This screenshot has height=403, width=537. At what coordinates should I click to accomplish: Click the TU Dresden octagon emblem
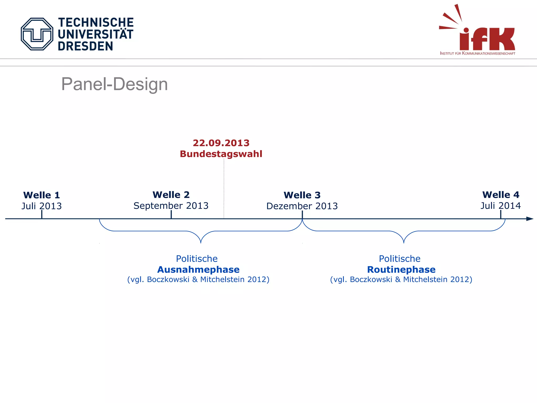[x=37, y=34]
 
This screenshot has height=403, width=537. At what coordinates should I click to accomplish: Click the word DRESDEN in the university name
[x=85, y=46]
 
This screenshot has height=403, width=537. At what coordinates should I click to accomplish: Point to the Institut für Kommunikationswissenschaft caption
[x=477, y=53]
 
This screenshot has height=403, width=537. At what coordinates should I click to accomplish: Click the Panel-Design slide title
[x=114, y=84]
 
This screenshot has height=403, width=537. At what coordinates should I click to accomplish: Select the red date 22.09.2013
[x=221, y=143]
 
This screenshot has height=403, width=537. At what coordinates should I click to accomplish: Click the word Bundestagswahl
[x=221, y=154]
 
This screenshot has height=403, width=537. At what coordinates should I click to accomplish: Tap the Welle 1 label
[x=42, y=195]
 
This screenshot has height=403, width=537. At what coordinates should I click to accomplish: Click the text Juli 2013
[x=42, y=206]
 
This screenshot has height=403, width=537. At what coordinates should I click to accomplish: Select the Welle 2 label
[x=171, y=195]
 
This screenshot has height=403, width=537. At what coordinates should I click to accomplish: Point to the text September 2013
[x=171, y=205]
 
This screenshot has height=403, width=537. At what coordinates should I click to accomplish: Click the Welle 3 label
[x=302, y=195]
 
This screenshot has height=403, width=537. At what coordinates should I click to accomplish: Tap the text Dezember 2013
[x=302, y=206]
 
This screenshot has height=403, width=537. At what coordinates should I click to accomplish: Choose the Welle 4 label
[x=501, y=195]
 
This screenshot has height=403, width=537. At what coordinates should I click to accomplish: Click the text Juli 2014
[x=501, y=205]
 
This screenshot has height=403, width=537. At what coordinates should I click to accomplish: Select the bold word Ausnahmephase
[x=198, y=269]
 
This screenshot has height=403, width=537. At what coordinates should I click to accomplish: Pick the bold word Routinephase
[x=401, y=269]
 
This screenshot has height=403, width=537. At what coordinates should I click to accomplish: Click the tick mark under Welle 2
[x=171, y=214]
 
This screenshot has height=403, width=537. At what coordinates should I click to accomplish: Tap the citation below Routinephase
[x=401, y=279]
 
